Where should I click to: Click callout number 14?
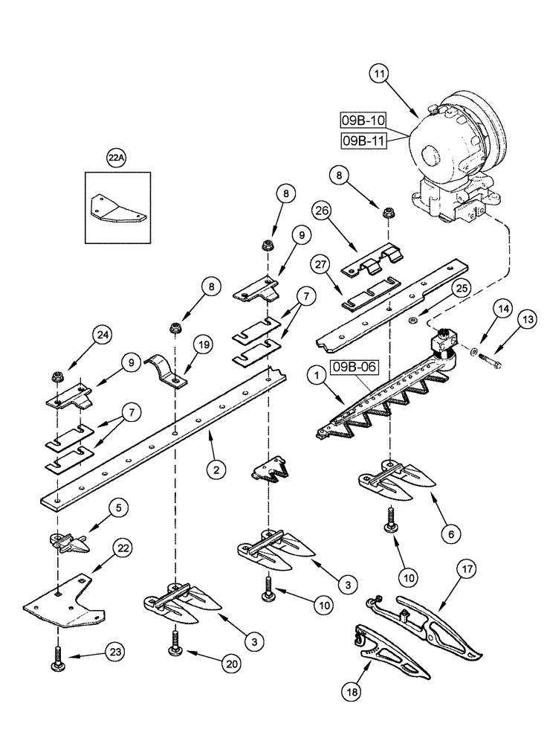pyautogui.click(x=482, y=307)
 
